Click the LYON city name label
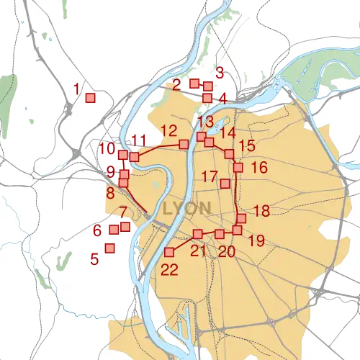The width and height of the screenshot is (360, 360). pyautogui.click(x=187, y=209)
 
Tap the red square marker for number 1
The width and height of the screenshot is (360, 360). pyautogui.click(x=91, y=98)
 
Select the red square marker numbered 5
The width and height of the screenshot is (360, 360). pyautogui.click(x=110, y=248)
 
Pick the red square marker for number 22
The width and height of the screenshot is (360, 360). pyautogui.click(x=171, y=252)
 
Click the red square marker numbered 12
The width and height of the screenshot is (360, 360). pyautogui.click(x=184, y=145)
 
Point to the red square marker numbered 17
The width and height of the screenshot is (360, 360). pyautogui.click(x=225, y=184)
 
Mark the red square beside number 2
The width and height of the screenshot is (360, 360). pyautogui.click(x=194, y=84)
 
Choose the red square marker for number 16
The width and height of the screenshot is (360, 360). pyautogui.click(x=238, y=168)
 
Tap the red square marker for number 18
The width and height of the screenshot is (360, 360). pyautogui.click(x=242, y=218)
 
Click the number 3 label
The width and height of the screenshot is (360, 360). pyautogui.click(x=220, y=72)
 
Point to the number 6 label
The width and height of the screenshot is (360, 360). pyautogui.click(x=97, y=231)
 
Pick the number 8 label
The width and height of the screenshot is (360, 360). pyautogui.click(x=110, y=193)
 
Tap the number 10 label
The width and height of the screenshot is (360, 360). pyautogui.click(x=107, y=149)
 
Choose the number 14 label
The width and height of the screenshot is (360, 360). pyautogui.click(x=228, y=132)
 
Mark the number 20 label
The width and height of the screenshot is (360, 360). pyautogui.click(x=227, y=251)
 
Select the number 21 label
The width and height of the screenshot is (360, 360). pyautogui.click(x=198, y=251)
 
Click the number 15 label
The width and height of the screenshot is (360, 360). pyautogui.click(x=247, y=146)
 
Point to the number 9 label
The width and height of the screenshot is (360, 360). pyautogui.click(x=110, y=171)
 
